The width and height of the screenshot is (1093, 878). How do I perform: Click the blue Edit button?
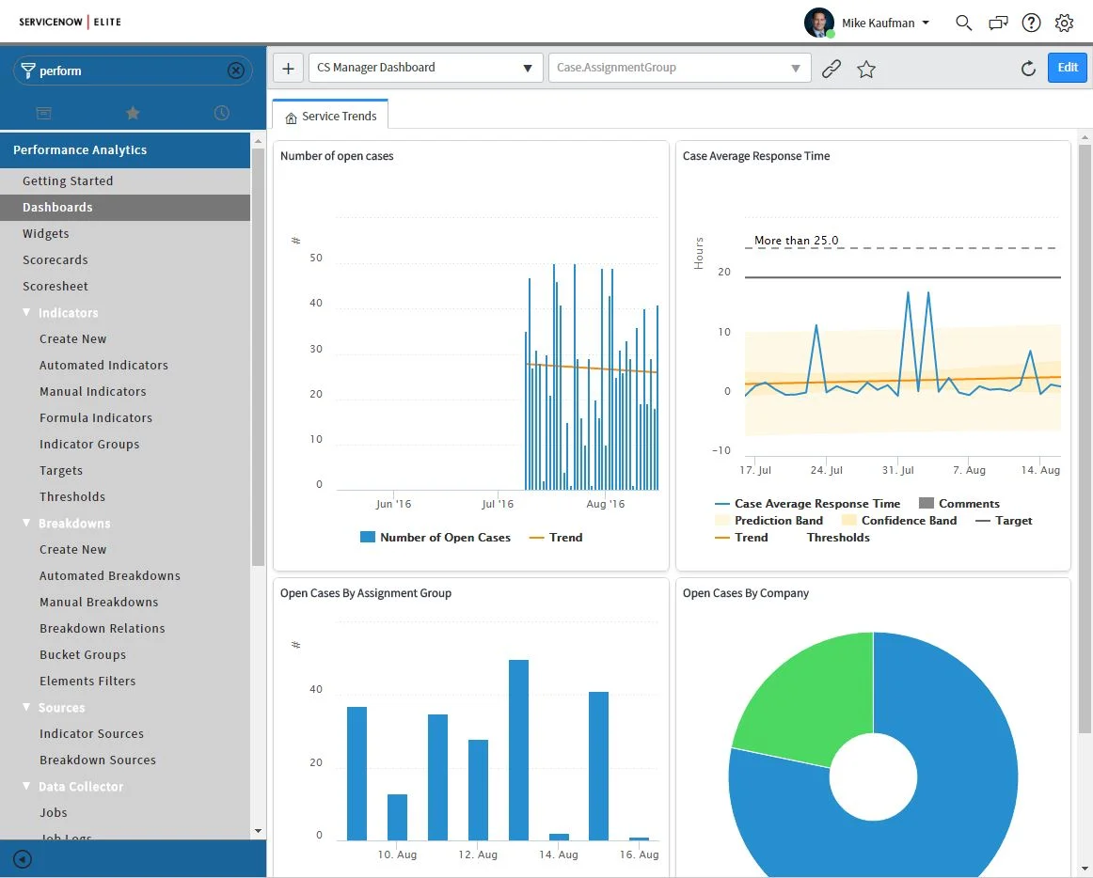[x=1067, y=68]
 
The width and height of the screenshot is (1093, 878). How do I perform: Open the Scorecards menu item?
[x=55, y=259]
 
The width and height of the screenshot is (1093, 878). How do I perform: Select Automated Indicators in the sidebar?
[x=103, y=365]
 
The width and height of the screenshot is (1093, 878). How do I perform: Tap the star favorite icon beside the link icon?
[x=866, y=69]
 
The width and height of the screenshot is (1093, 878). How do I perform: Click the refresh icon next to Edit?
[x=1028, y=69]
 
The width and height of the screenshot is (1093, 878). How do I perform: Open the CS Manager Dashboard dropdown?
[x=425, y=68]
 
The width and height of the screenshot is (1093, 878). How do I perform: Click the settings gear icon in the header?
[x=1064, y=24]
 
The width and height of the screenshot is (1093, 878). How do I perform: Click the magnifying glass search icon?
[x=963, y=24]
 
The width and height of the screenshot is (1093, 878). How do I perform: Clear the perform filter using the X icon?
[x=236, y=71]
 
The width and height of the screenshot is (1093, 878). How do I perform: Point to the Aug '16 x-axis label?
[x=605, y=505]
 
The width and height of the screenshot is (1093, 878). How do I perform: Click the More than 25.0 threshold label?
[x=796, y=241]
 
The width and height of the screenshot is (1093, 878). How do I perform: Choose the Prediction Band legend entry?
[x=778, y=521]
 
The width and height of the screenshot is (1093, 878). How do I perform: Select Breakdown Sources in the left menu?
[x=98, y=760]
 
